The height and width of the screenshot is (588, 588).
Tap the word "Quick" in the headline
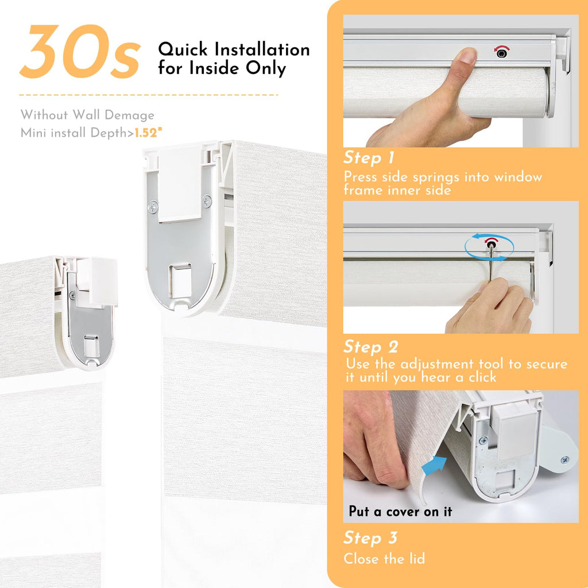pyautogui.click(x=183, y=49)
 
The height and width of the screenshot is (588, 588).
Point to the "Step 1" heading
pyautogui.click(x=369, y=157)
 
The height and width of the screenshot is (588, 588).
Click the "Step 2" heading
pyautogui.click(x=370, y=347)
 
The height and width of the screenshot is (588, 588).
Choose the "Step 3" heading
pyautogui.click(x=370, y=537)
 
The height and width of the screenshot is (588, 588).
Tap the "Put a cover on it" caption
pyautogui.click(x=400, y=512)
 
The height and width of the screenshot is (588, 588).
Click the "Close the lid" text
pyautogui.click(x=384, y=559)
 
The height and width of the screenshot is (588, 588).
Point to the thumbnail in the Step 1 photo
pyautogui.click(x=467, y=56)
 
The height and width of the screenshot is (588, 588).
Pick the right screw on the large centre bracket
pyautogui.click(x=207, y=202)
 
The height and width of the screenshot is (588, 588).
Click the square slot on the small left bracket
pyautogui.click(x=92, y=346)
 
